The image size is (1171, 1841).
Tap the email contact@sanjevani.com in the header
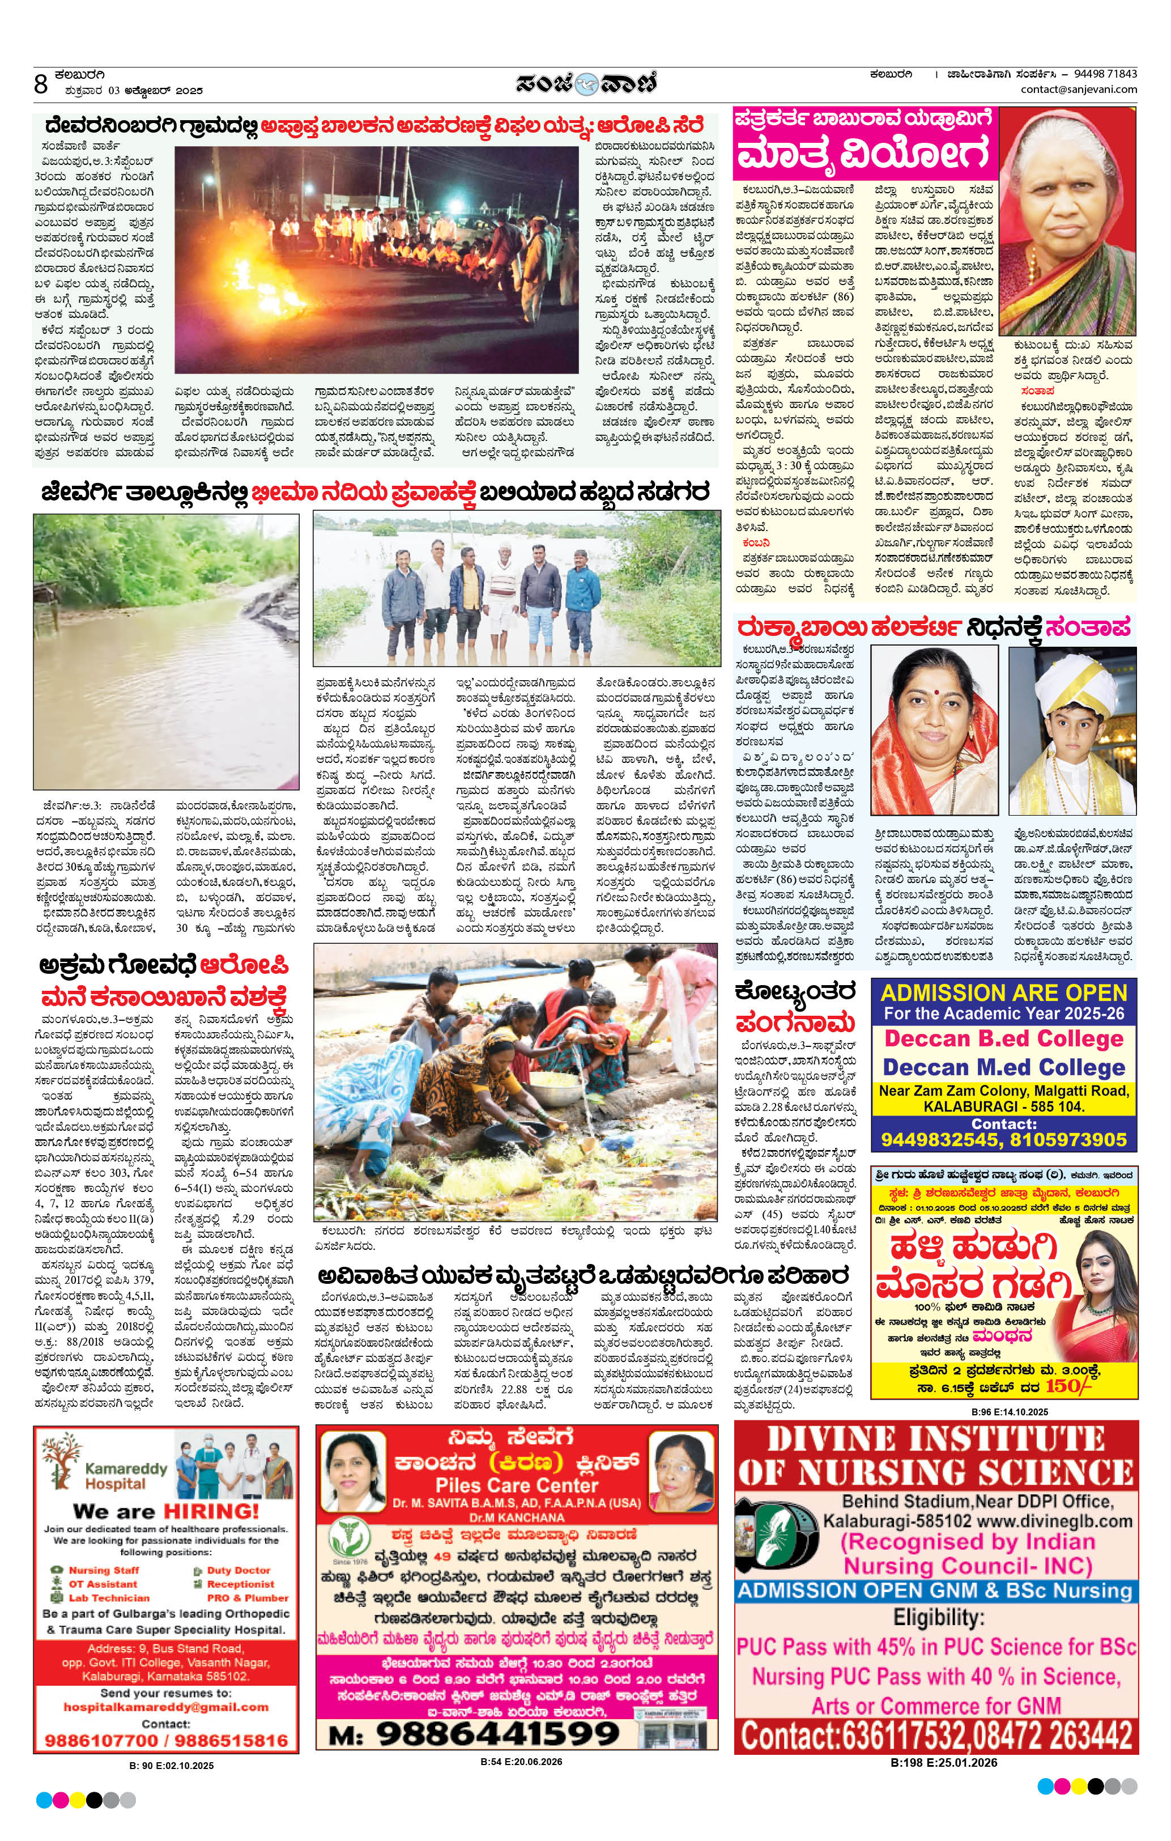(1079, 90)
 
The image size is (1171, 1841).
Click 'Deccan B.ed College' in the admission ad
(1004, 1038)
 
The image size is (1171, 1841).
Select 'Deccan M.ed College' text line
(1004, 1067)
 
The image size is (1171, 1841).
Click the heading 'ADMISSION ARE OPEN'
(1004, 992)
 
